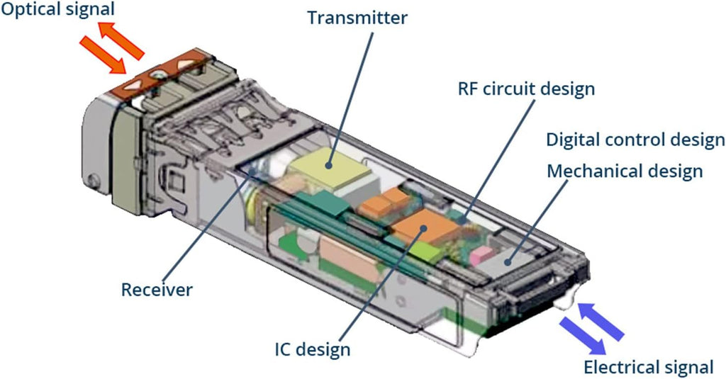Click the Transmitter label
pos(357,18)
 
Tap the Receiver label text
pos(157,290)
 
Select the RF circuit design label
pos(527,89)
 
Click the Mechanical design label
pos(625,171)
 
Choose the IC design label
pos(313,349)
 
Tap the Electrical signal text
pos(648,367)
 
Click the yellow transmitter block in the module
pos(330,169)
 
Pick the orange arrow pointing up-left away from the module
pos(121,42)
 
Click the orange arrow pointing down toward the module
pos(103,55)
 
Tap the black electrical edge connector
pos(541,296)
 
